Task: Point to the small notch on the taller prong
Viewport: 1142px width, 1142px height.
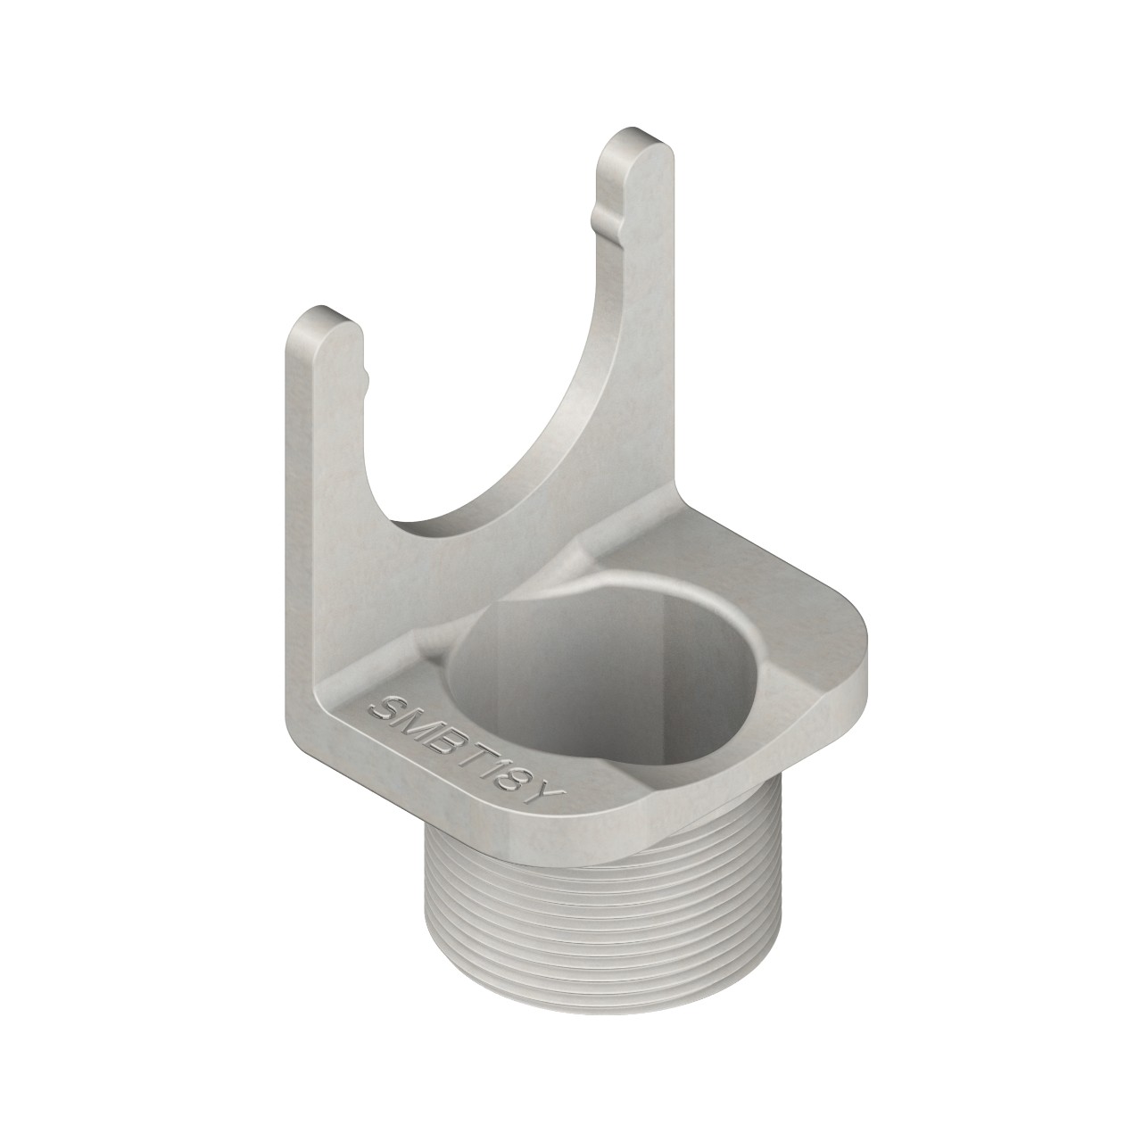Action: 595,215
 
